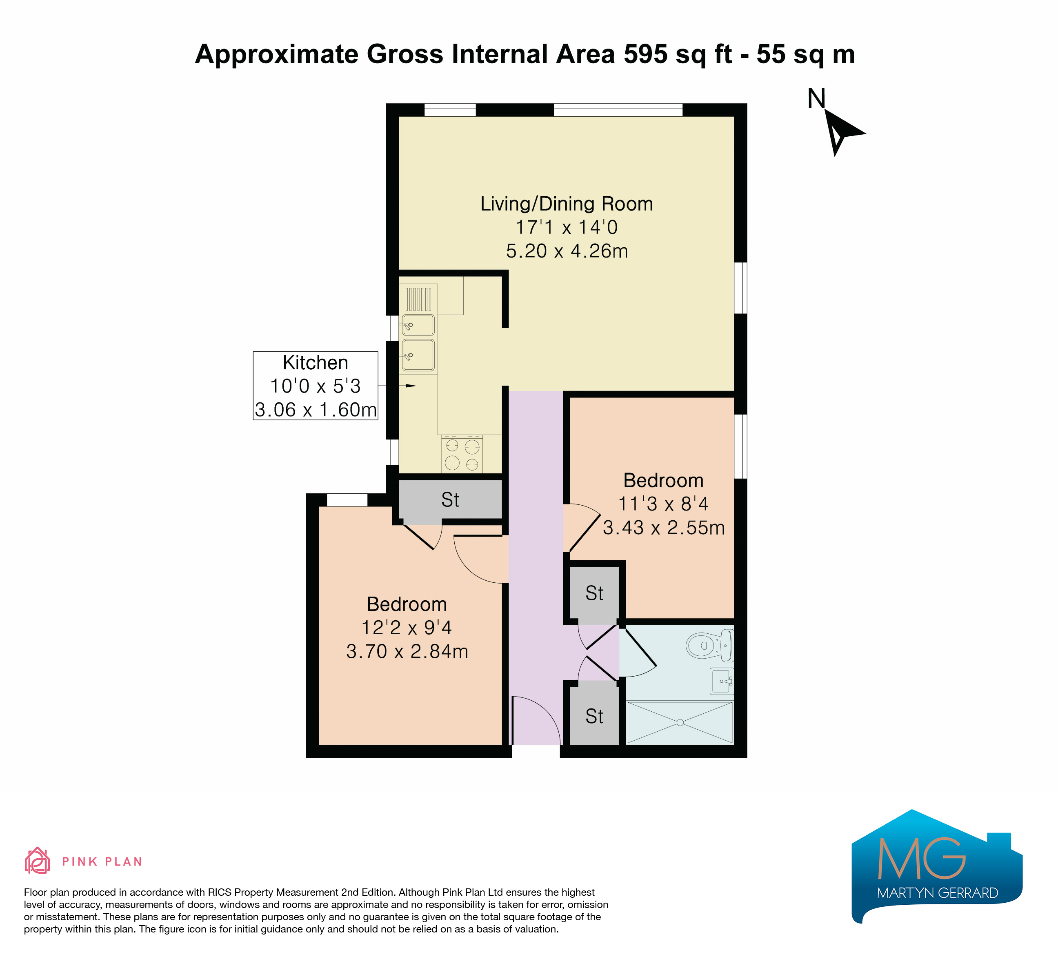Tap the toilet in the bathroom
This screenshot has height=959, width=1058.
click(x=709, y=645)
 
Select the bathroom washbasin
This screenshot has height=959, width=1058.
click(x=722, y=681)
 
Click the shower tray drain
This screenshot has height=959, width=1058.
click(x=680, y=722)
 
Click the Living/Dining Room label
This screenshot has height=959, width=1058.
click(x=567, y=204)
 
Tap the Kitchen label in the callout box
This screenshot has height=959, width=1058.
click(x=316, y=362)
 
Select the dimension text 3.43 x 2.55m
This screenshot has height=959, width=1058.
click(x=663, y=527)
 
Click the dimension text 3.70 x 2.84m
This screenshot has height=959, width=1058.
click(x=407, y=651)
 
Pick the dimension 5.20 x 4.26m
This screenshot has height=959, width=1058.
click(x=567, y=251)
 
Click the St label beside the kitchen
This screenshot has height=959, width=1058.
click(x=450, y=500)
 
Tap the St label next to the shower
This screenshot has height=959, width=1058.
click(x=595, y=717)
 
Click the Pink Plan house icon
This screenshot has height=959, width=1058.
click(x=37, y=861)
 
